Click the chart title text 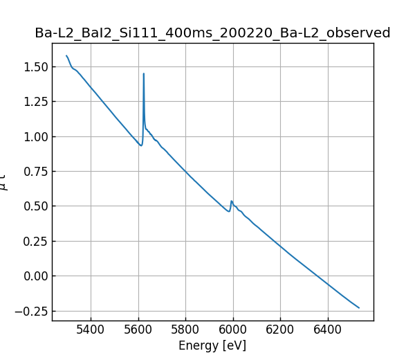pos(212,33)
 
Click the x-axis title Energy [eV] pos(212,345)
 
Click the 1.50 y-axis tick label pos(33,67)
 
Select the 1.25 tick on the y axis pos(33,102)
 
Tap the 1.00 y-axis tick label pos(33,136)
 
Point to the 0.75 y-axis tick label pos(33,172)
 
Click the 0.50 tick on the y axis pos(33,206)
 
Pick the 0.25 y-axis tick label pos(33,241)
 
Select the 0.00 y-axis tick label pos(33,276)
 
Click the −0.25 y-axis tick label pos(30,311)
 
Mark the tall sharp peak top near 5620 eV pos(144,73)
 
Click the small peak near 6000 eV pos(232,201)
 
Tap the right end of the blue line pos(359,307)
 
